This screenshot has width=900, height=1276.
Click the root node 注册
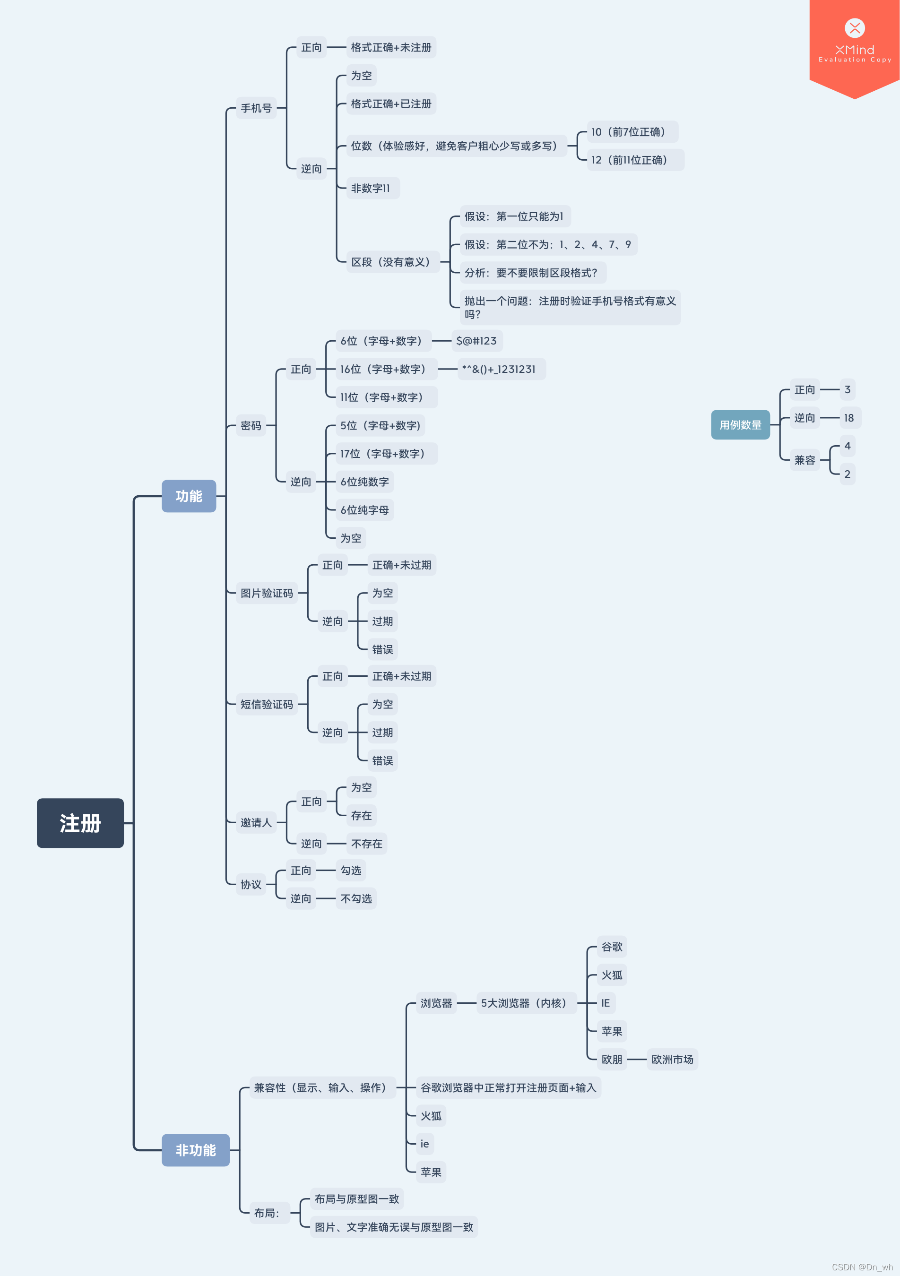[80, 823]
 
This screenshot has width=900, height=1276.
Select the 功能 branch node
[189, 496]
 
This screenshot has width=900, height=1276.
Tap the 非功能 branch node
[195, 1150]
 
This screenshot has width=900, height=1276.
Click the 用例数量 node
[740, 424]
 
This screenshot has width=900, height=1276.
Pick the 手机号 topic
[256, 108]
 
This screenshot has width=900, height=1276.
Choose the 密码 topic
[251, 426]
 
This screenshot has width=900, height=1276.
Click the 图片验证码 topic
[266, 593]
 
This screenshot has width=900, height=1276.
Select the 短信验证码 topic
[266, 704]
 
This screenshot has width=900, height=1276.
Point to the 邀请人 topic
[256, 822]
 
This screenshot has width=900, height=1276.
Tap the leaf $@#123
[476, 341]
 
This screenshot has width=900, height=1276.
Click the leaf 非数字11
[371, 188]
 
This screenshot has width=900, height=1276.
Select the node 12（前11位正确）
[635, 160]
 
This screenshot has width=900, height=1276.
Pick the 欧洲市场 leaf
[672, 1059]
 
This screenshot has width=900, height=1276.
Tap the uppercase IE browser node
[606, 1003]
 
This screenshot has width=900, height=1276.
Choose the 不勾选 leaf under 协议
[356, 899]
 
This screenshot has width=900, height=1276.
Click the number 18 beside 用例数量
[848, 418]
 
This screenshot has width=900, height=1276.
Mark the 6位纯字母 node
[364, 509]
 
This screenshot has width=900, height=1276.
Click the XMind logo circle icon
[855, 28]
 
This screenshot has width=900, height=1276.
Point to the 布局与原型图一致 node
[356, 1199]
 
